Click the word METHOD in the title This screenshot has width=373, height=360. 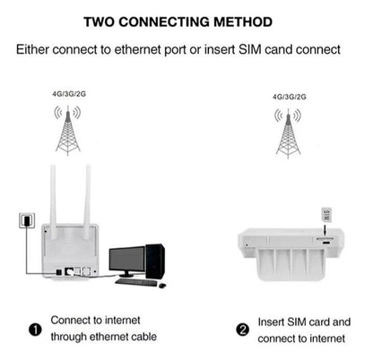click(x=243, y=22)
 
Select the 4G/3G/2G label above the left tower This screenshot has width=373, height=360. click(x=69, y=94)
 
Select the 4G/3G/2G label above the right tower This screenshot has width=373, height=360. click(x=290, y=97)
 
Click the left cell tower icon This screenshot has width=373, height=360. click(x=68, y=130)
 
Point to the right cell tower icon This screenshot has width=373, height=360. click(x=288, y=133)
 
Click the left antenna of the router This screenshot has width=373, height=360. click(x=53, y=201)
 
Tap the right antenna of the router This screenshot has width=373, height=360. click(x=87, y=201)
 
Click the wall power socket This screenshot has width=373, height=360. click(x=27, y=220)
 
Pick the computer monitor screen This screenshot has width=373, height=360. click(x=126, y=260)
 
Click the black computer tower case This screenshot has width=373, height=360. click(x=155, y=261)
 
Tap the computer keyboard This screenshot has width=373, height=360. click(x=136, y=282)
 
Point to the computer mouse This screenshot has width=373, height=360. click(x=162, y=286)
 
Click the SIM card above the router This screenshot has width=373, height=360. click(x=326, y=215)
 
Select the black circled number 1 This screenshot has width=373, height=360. click(x=35, y=330)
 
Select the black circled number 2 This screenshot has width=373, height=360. click(x=243, y=330)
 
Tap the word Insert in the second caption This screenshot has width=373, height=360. click(x=271, y=322)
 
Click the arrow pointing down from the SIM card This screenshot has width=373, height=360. click(x=325, y=228)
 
